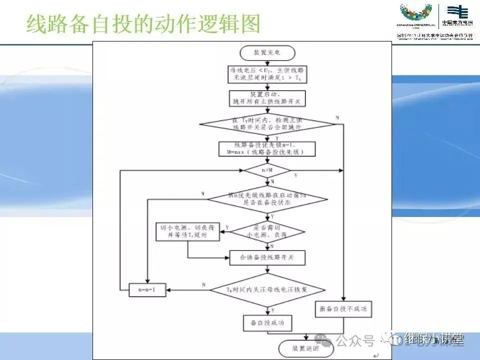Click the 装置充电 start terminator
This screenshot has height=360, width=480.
pos(267,52)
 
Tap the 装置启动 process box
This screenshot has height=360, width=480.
pos(267,99)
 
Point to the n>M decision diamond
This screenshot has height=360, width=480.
pos(267,170)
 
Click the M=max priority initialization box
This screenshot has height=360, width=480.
pos(267,148)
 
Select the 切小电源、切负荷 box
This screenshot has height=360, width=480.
pos(187,231)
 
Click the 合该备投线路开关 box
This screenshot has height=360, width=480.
pos(267,257)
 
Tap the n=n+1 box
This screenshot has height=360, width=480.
pos(147,289)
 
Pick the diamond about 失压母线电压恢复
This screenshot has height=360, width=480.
pos(267,289)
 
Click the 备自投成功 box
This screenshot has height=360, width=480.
pos(267,323)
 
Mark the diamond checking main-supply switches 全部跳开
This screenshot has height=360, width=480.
pos(267,124)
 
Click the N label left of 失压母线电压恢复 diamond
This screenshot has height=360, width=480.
pos(203,284)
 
